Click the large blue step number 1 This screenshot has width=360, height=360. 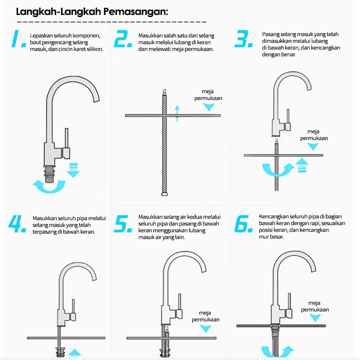coord(18,39)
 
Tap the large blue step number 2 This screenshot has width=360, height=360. coord(123,39)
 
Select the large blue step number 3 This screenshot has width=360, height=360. coord(243,39)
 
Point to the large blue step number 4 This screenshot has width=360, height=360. coord(17,224)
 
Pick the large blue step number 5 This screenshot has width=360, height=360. coord(123,224)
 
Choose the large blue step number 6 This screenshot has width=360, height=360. coord(243,224)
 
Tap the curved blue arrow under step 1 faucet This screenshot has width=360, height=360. coord(49,186)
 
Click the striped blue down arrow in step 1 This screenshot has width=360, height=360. coord(73,170)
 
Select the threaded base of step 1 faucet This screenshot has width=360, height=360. coord(49,175)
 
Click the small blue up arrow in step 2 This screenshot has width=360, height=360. coord(177,113)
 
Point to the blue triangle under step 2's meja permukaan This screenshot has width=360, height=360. coord(209,107)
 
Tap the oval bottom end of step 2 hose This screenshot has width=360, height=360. coord(164,194)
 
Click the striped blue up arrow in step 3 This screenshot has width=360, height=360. coord(301,165)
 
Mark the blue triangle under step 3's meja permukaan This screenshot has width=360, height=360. coord(313,147)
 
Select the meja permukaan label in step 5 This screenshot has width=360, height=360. coord(206,316)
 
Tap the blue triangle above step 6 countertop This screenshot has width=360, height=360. coord(315,318)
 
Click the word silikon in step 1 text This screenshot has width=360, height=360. coord(95,49)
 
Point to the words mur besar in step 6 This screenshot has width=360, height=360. coord(272,237)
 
